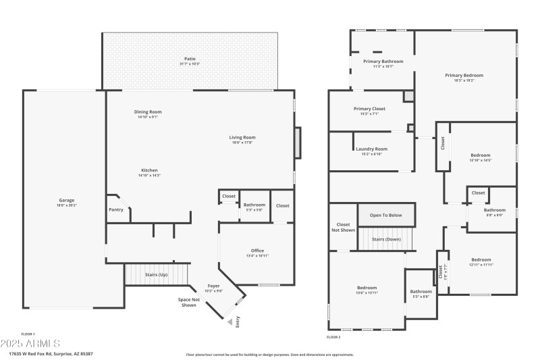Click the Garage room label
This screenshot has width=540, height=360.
pos(66,201)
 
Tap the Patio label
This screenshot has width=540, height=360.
pos(190,59)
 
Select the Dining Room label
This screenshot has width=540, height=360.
pos(148,112)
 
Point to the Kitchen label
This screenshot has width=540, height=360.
pos(149,170)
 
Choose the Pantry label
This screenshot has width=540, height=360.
pos(116,209)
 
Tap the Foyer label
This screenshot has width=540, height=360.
pos(213,286)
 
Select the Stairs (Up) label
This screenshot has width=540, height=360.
pos(156,275)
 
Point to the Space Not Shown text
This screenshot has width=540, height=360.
pos(188,303)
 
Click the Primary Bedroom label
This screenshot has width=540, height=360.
pos(464,76)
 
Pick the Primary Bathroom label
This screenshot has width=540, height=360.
pos(383,61)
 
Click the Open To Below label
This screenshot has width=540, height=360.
pos(385,215)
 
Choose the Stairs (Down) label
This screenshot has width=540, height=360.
pos(387,239)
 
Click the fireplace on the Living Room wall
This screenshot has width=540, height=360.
pos(298,143)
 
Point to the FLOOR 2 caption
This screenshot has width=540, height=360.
pos(333,336)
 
